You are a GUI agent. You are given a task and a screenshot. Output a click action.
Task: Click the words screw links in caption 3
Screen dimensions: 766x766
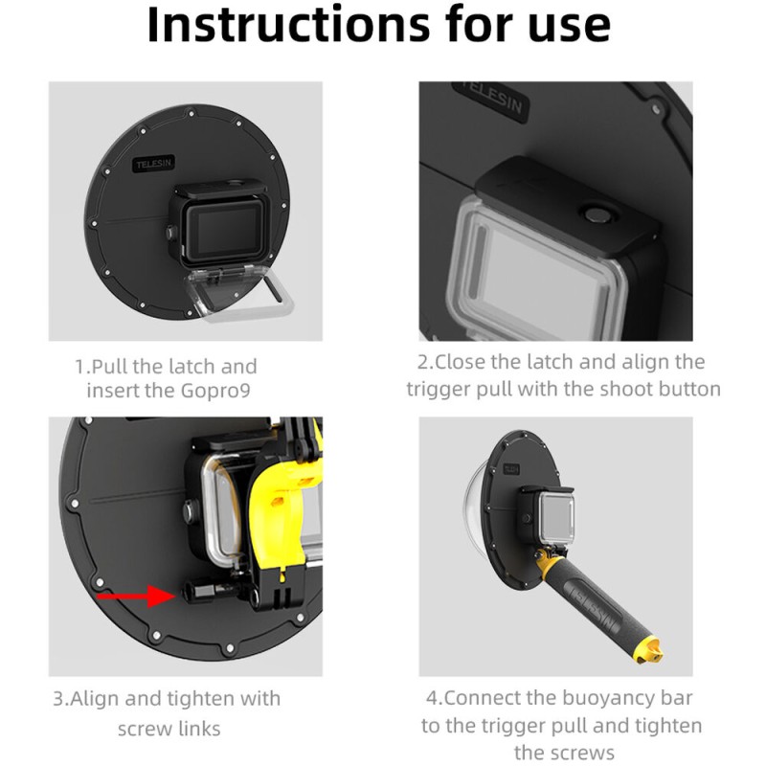[x=182, y=729]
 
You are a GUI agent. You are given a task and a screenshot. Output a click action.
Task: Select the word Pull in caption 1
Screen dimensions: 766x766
[x=114, y=367]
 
